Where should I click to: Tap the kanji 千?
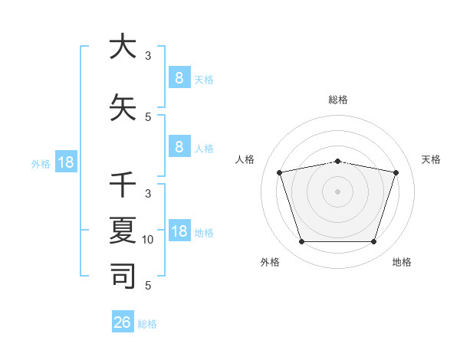[122, 186]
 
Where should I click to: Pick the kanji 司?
[122, 275]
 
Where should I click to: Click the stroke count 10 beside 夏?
[148, 240]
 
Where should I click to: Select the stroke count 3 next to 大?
[148, 55]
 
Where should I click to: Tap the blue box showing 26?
[122, 322]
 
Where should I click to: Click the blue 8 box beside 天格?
[179, 78]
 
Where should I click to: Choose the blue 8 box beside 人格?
[179, 147]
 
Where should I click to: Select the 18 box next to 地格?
[179, 231]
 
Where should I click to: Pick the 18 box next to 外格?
[64, 162]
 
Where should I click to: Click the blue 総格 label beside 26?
[147, 324]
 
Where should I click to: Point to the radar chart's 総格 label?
[338, 100]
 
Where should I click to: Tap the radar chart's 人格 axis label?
[245, 159]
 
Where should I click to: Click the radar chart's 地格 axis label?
[402, 262]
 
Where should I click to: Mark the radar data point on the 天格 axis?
[396, 172]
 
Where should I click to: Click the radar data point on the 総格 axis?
[338, 161]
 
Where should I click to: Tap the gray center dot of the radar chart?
[338, 191]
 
